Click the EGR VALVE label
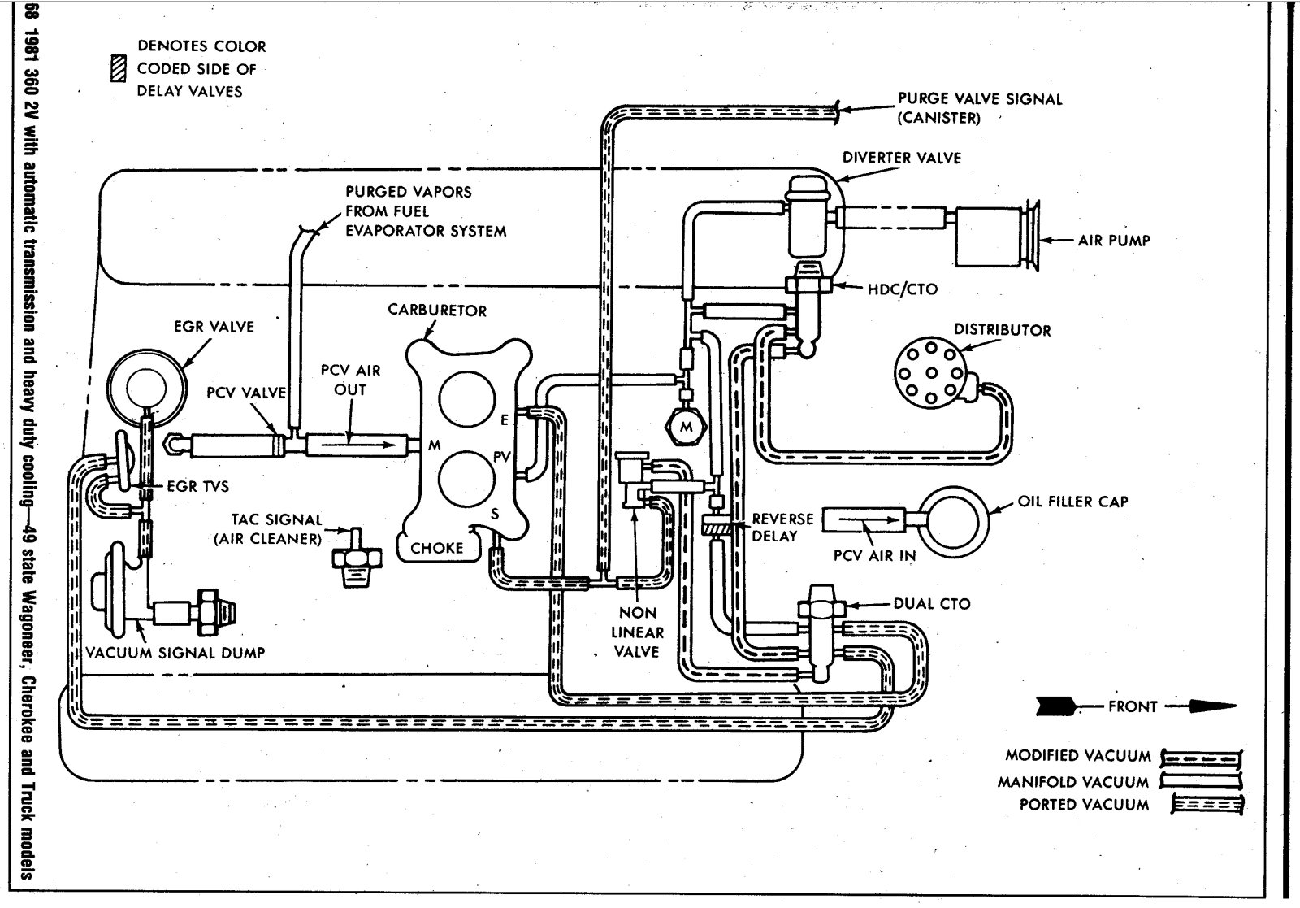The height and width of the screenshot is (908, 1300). click(x=214, y=327)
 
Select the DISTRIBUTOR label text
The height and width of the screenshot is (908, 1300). click(x=1002, y=330)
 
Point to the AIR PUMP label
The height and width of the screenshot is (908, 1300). click(x=1114, y=241)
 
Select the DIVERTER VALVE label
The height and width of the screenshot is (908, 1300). click(x=901, y=158)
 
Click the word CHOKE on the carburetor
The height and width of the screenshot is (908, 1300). click(x=436, y=548)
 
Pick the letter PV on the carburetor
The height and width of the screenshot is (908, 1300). click(x=501, y=457)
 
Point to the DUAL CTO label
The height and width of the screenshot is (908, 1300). click(x=932, y=604)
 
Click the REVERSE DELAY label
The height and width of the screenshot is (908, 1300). click(x=782, y=528)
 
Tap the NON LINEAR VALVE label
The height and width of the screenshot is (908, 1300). click(x=637, y=632)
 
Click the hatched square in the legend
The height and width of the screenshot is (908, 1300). click(x=119, y=70)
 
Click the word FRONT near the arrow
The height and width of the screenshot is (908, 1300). click(x=1132, y=706)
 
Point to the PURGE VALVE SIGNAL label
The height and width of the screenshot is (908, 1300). click(x=979, y=108)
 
